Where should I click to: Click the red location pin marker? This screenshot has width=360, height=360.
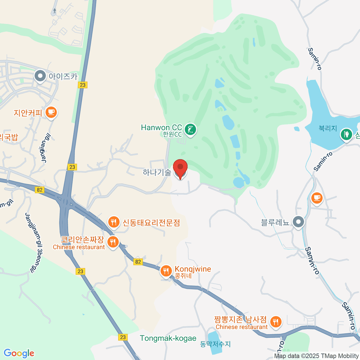point(180,168)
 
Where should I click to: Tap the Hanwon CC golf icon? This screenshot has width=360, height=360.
point(190,130)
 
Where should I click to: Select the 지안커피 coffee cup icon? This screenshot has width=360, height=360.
point(51,112)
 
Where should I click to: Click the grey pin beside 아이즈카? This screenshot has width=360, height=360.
point(40,76)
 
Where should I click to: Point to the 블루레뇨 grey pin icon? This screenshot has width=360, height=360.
point(298,222)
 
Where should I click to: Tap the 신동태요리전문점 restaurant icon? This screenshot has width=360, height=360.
point(113,222)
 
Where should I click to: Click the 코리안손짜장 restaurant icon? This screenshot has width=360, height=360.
point(113,241)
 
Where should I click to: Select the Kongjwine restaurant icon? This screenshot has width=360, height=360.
point(166,271)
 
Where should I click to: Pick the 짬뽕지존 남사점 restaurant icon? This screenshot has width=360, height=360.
point(275,322)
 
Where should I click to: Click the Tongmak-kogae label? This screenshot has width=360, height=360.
point(168,338)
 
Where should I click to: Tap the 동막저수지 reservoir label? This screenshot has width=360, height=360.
point(215,344)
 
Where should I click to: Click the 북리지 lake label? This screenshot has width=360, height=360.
point(328,128)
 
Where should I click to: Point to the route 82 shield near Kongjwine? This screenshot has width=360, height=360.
point(138,262)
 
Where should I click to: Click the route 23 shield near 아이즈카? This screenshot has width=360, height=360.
point(82,85)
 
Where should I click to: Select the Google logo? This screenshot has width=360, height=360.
point(19,353)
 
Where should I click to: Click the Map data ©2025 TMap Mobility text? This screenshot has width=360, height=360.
point(316,356)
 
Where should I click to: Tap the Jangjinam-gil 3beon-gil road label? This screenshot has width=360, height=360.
point(34,243)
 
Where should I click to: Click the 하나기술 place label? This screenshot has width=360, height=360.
point(157,172)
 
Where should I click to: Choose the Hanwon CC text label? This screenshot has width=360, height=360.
point(161,127)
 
